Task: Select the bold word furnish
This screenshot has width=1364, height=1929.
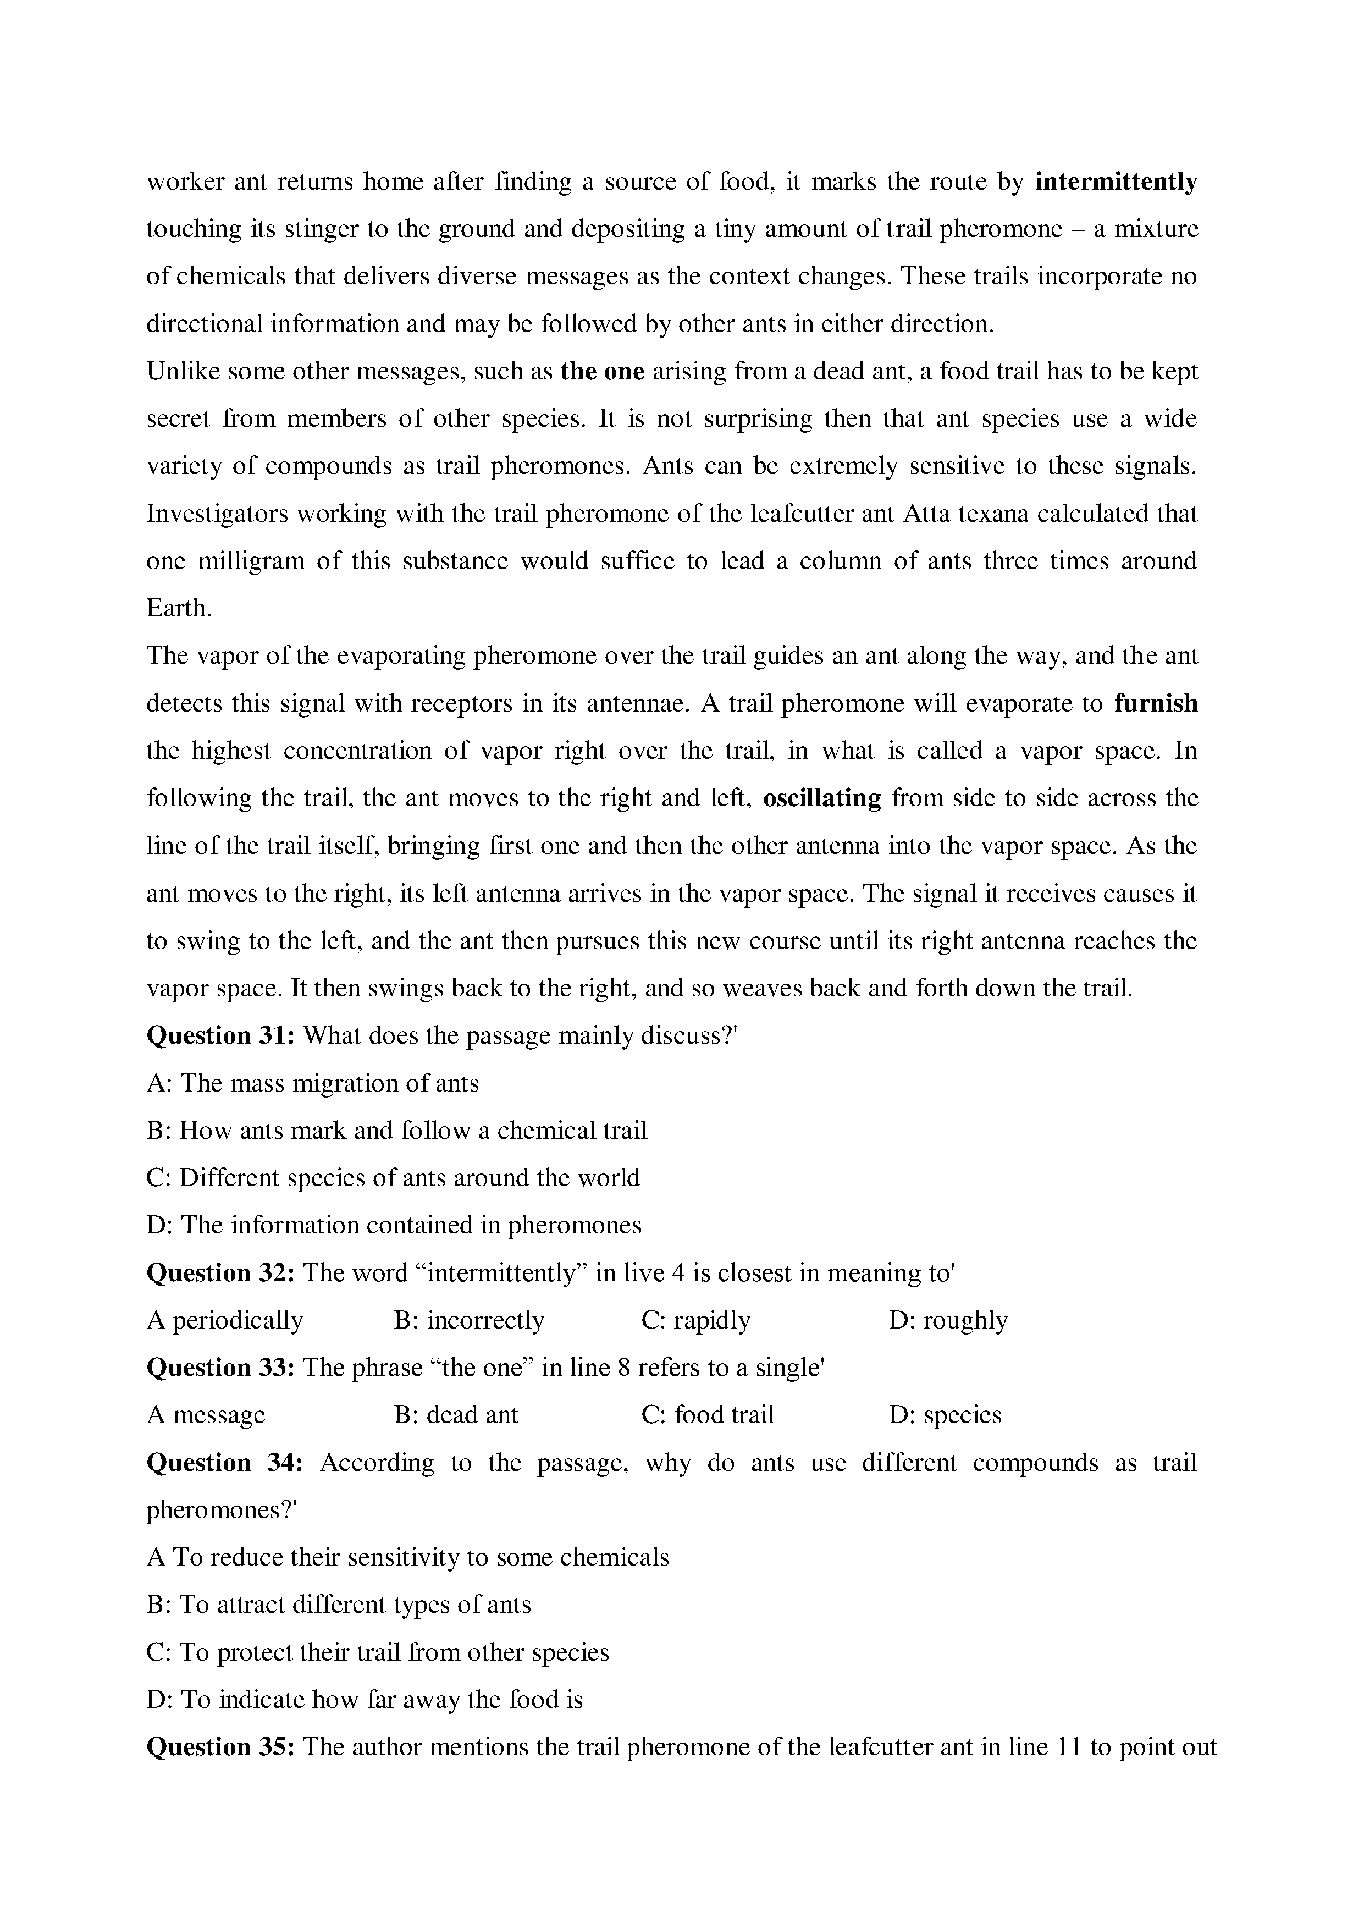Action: (x=1155, y=703)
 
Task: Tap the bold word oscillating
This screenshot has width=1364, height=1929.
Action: (x=821, y=798)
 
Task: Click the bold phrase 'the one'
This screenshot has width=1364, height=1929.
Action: (x=602, y=371)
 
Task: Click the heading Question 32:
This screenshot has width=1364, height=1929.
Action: (x=220, y=1273)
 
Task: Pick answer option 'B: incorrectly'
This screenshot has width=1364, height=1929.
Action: (x=468, y=1321)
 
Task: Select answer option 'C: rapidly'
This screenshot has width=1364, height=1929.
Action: (x=695, y=1321)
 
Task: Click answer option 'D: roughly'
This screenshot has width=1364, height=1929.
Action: (x=947, y=1321)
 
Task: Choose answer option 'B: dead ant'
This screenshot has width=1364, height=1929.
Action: (x=456, y=1415)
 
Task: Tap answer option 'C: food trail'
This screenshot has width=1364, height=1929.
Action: (x=707, y=1415)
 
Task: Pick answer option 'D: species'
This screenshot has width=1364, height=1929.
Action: (x=945, y=1415)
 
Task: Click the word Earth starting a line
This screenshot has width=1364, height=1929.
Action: (x=178, y=608)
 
